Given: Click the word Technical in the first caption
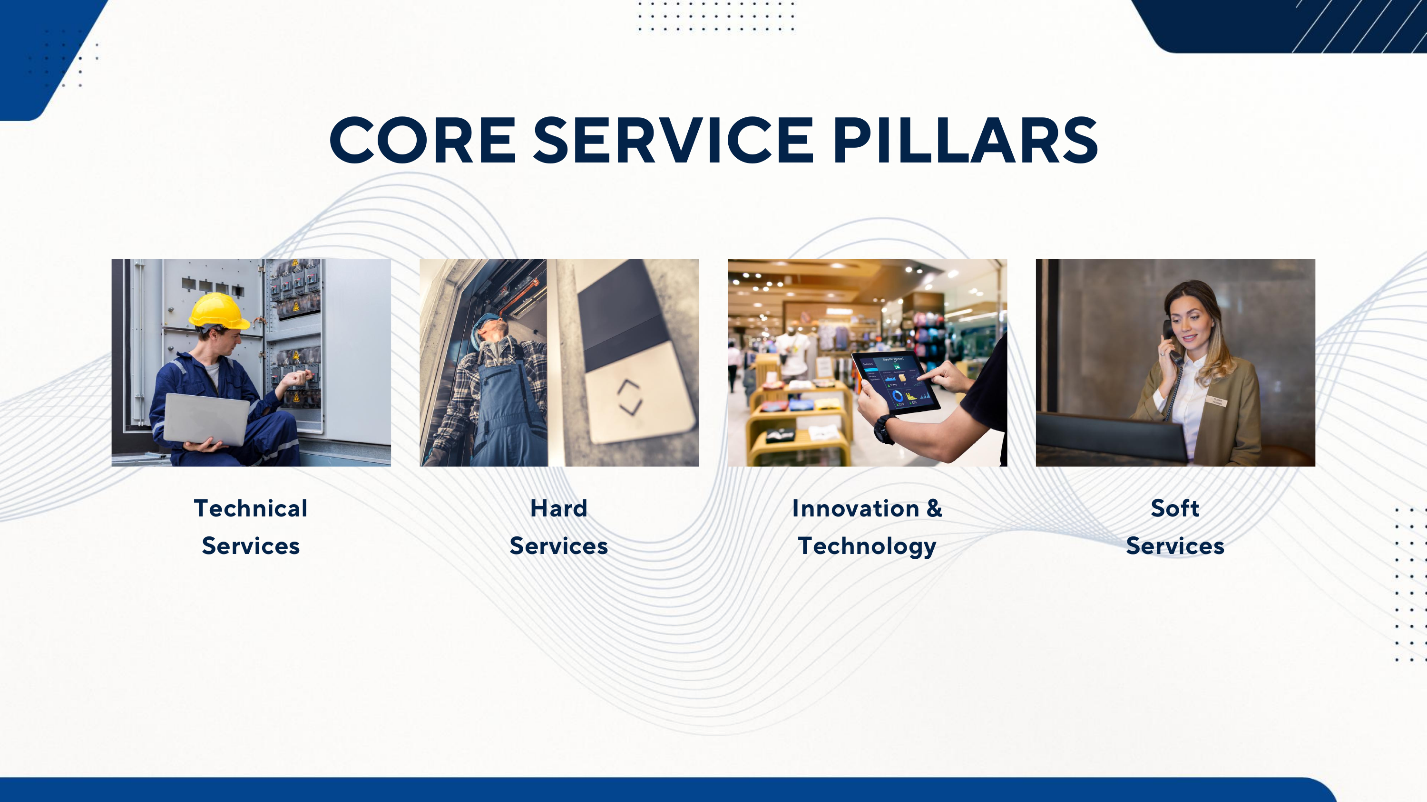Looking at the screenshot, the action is coord(250,508).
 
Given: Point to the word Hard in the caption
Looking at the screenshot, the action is coord(559,508).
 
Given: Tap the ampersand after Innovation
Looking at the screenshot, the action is coord(934,508).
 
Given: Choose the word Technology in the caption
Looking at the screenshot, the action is coord(867,547).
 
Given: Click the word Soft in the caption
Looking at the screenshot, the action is coord(1175,508).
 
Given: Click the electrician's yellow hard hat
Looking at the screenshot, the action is coord(219,312).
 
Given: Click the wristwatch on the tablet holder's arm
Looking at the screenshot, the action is coord(885,429).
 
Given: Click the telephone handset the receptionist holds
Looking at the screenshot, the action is coord(1171,342).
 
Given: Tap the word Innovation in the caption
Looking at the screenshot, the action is coord(855,508).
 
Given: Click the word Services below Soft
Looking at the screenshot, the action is coord(1175,546).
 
